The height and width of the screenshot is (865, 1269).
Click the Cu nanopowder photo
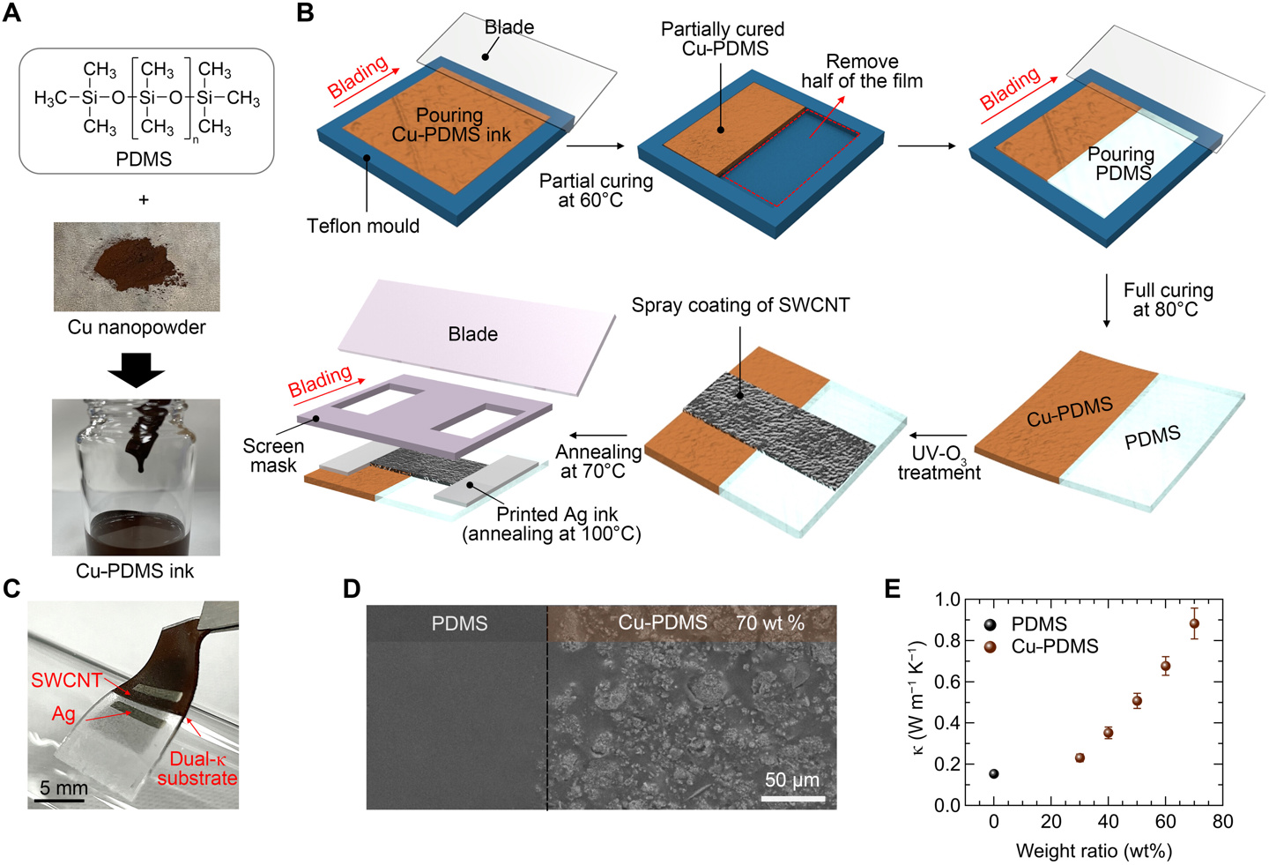coord(137,266)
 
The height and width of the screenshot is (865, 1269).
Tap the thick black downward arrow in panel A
coord(137,369)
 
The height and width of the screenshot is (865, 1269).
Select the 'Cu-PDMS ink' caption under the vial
coord(135,571)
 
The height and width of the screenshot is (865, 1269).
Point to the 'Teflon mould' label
coord(363,227)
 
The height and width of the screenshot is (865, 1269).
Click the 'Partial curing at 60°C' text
coord(596,190)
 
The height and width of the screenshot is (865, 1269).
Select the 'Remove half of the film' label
coord(861,71)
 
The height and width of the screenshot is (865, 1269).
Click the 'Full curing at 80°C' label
coord(1168,300)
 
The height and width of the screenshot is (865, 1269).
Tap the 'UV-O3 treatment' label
coord(939,463)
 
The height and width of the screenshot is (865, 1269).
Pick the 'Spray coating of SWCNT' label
coord(740,305)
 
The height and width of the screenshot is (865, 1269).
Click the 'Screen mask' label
coord(273,456)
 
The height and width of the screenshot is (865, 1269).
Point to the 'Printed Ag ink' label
coord(556,514)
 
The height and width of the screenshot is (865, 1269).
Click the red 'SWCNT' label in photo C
coord(66,681)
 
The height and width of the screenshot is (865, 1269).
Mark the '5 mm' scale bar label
coord(63,787)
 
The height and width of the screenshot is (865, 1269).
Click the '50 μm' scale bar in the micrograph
coord(792,781)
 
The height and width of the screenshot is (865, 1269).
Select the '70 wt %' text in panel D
coord(769,623)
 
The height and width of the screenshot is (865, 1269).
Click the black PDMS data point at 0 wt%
coord(994,774)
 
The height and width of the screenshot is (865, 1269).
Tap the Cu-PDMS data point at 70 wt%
coord(1194,624)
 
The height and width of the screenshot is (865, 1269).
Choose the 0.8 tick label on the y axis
coord(947,640)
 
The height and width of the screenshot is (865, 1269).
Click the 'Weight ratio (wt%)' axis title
coord(1094,851)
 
